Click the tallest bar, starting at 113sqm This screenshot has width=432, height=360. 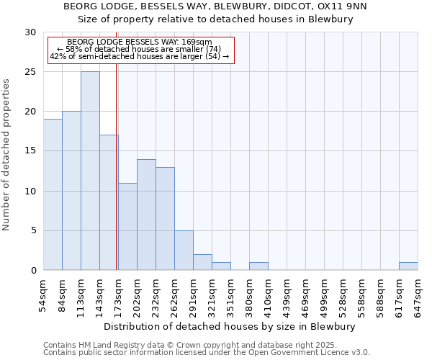(90, 171)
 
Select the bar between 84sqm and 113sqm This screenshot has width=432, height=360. (71, 191)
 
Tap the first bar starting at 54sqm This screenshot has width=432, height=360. (53, 194)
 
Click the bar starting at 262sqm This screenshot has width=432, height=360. (184, 250)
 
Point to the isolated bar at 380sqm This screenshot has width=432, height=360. (258, 266)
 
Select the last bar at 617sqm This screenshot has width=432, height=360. (408, 266)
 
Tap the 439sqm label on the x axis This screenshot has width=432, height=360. (287, 296)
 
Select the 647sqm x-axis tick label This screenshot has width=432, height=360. (418, 296)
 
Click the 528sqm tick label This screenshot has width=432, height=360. (343, 296)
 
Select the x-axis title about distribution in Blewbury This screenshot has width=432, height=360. (230, 327)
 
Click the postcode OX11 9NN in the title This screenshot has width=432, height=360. (342, 6)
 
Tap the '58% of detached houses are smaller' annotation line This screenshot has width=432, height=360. (139, 49)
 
